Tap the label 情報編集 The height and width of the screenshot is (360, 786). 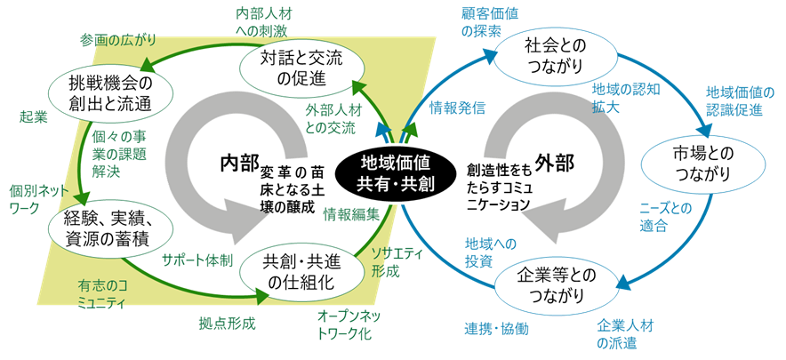tap(351, 213)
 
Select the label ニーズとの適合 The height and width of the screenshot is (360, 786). tap(666, 217)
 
